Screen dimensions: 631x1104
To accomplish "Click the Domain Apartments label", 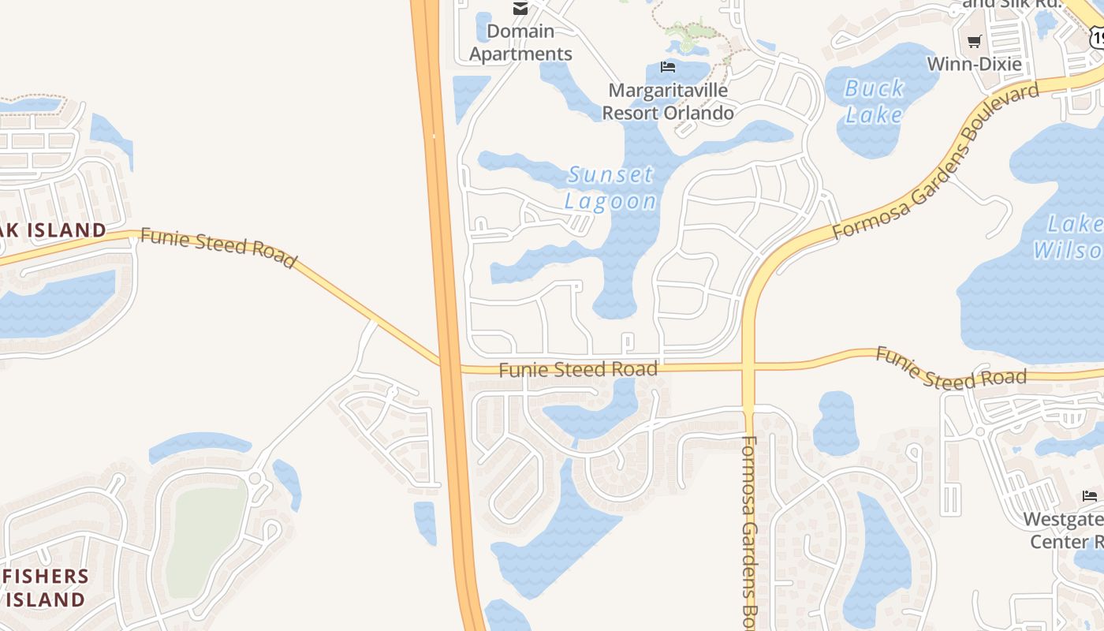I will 520,43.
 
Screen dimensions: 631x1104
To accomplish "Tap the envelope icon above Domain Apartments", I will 520,9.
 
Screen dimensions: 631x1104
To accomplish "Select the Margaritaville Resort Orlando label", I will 668,101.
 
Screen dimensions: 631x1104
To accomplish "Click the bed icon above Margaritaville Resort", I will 668,67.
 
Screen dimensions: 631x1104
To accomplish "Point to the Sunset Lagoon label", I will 611,188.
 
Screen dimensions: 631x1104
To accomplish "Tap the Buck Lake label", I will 874,102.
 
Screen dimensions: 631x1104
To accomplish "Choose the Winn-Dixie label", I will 975,64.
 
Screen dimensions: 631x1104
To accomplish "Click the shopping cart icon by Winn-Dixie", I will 975,41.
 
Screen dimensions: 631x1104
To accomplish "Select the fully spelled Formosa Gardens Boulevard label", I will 936,162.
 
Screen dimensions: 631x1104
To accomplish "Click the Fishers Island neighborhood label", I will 45,588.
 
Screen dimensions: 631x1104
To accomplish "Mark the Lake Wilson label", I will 1069,237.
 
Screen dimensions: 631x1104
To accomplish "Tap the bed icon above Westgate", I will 1090,496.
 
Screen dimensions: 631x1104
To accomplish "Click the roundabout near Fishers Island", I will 255,478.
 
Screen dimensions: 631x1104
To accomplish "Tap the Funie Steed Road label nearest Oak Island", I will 218,248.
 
